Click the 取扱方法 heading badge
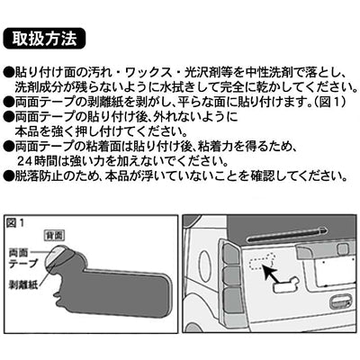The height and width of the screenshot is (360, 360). click(44, 39)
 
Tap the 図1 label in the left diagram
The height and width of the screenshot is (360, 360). click(14, 223)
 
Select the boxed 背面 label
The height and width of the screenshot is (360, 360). click(54, 235)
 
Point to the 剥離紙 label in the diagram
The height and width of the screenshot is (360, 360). click(23, 284)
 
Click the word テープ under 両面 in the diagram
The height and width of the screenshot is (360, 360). click(23, 264)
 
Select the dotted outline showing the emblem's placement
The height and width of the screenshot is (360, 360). click(261, 260)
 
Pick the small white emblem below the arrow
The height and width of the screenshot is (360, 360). click(285, 284)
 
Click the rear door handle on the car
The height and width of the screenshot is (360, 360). click(341, 302)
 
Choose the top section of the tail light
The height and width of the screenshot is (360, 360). click(232, 254)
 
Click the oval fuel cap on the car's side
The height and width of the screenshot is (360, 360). click(205, 262)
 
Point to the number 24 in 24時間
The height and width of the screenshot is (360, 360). click(23, 162)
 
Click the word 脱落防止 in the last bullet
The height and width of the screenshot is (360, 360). click(38, 176)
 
